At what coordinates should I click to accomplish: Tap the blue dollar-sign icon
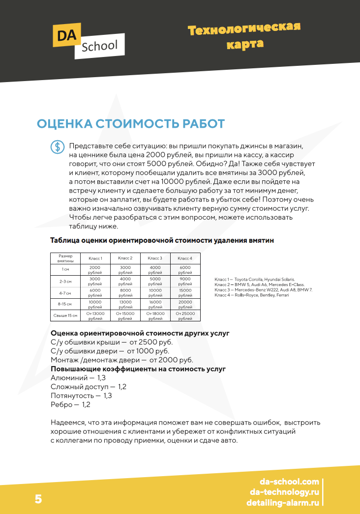tap(57, 146)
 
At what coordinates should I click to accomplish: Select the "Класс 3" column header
tap(155, 258)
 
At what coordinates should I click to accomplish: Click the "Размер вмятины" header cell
tap(65, 258)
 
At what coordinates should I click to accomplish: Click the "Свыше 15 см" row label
tap(65, 315)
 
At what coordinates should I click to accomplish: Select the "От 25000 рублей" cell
tap(185, 315)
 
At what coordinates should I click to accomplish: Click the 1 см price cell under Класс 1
tap(95, 270)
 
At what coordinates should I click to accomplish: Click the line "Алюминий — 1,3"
tap(78, 378)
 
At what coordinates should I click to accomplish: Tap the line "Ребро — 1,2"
tap(71, 404)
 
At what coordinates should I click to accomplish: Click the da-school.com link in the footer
tap(289, 482)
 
